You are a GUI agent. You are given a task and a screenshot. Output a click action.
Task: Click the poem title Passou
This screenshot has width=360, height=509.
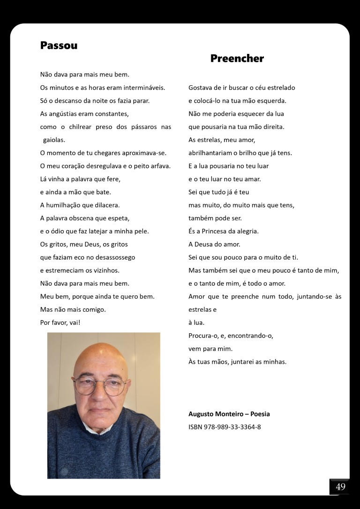(x=59, y=45)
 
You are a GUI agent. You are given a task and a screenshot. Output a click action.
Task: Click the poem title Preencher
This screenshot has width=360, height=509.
(x=237, y=59)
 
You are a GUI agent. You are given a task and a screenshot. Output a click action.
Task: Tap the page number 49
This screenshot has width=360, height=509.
(x=340, y=487)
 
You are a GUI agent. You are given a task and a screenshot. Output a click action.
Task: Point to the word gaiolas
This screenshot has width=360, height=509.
(x=54, y=140)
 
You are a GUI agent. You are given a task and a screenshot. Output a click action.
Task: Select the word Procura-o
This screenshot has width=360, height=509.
(x=204, y=336)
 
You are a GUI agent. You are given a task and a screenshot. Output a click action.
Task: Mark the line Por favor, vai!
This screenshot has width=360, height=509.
(x=60, y=322)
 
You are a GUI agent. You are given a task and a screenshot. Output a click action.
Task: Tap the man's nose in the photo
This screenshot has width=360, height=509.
(x=99, y=396)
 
